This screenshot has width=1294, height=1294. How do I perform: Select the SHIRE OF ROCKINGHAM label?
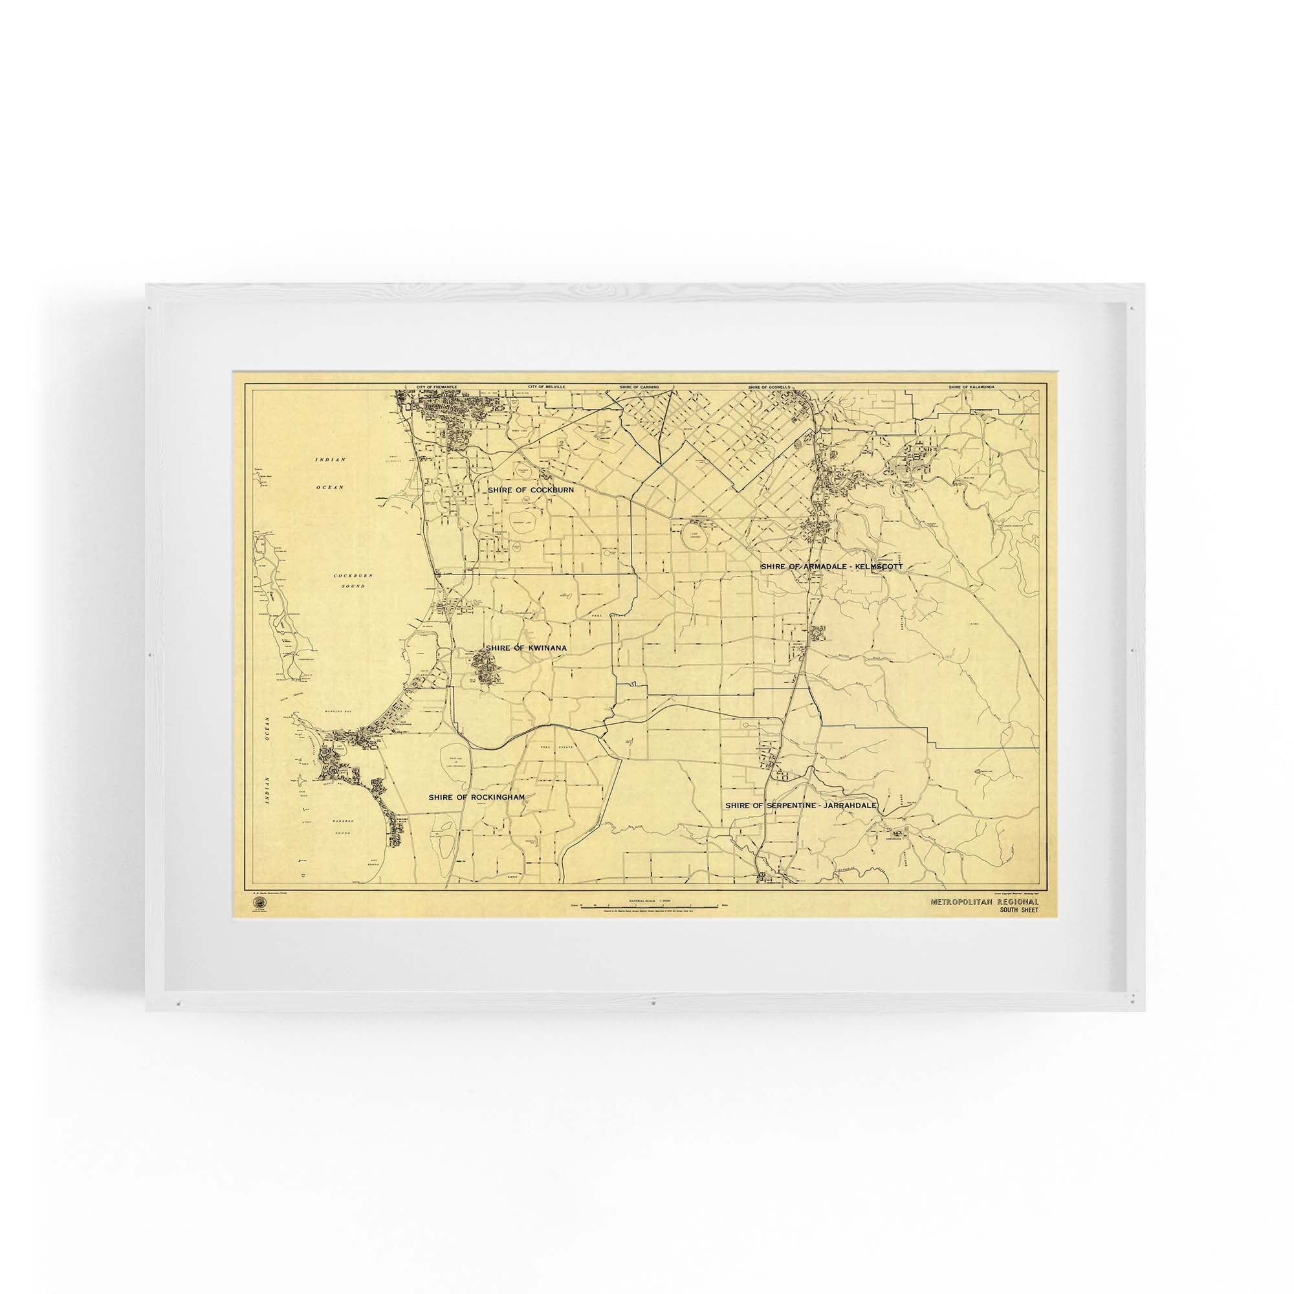(x=476, y=797)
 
